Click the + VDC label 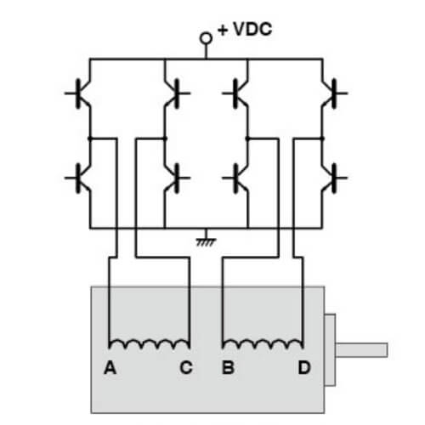[244, 30]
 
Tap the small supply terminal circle [205, 38]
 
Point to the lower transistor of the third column [241, 178]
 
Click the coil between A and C [150, 344]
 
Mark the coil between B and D [263, 344]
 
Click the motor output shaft [365, 349]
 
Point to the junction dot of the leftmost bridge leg [89, 135]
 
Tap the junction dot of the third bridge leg [247, 135]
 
